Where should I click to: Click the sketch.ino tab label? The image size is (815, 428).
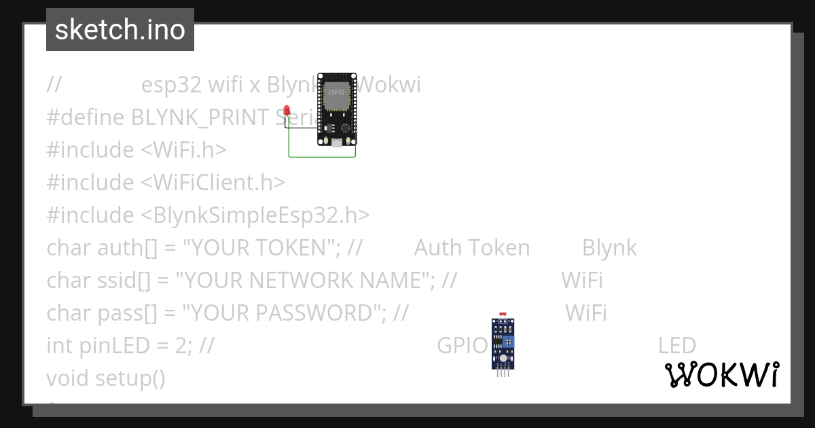tap(120, 30)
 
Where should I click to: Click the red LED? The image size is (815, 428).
tap(287, 110)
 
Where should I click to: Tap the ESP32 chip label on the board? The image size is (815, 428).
tap(336, 92)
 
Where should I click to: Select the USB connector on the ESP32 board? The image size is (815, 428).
tap(336, 141)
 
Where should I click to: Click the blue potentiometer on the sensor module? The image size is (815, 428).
tap(508, 340)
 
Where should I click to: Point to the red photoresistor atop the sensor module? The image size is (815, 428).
tap(503, 316)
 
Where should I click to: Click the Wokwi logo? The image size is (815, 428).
tap(722, 375)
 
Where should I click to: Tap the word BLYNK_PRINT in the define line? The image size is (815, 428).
tap(202, 118)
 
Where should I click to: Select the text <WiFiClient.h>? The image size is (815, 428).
tap(213, 183)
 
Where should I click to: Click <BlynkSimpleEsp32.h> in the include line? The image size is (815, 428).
tap(255, 215)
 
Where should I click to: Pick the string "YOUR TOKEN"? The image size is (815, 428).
tap(261, 248)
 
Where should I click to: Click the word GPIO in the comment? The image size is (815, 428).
tap(463, 346)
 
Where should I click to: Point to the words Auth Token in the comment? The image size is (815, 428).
tap(472, 248)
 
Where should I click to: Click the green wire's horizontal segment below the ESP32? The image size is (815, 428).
tap(322, 157)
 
